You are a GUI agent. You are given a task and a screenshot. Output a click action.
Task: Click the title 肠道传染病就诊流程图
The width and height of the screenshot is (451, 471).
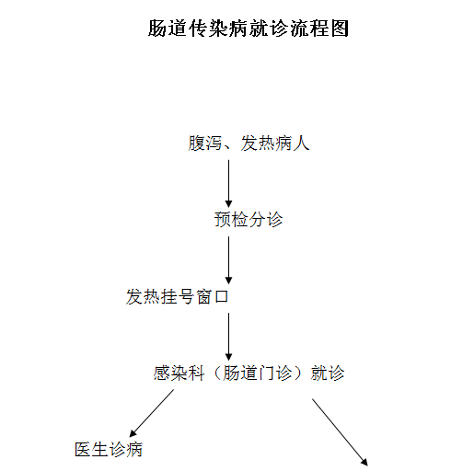249,29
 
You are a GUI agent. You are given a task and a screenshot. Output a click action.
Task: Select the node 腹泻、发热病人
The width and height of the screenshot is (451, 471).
249,144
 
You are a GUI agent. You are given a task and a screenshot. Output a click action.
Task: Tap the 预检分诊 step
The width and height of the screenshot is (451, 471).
249,220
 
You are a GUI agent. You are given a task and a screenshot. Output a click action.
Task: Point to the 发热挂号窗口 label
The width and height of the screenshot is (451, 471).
178,296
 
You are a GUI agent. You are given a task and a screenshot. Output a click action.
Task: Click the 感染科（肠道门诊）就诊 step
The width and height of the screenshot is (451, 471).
249,373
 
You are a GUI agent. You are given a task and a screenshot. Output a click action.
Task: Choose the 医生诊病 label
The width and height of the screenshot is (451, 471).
109,450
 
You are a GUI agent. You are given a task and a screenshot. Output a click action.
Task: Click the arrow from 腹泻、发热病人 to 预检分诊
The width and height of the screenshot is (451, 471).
228,184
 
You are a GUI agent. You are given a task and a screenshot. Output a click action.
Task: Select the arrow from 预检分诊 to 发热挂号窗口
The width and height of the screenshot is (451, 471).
228,260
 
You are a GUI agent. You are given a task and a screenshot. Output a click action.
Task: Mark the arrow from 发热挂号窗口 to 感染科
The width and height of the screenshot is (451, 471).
228,337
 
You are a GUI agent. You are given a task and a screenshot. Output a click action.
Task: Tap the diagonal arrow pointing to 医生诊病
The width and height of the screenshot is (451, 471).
152,413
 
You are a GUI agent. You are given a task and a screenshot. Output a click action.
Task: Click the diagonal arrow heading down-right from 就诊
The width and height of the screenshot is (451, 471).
340,432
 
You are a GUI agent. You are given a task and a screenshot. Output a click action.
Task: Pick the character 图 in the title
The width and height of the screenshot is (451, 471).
340,29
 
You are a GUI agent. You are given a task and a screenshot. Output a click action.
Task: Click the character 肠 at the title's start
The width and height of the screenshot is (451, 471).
157,29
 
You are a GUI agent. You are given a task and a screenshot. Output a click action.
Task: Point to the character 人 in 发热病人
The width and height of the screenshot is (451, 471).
301,144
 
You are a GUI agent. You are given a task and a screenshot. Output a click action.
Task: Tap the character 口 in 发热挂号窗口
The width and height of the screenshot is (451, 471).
221,297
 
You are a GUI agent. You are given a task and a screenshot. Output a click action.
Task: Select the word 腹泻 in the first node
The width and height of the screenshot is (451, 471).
205,144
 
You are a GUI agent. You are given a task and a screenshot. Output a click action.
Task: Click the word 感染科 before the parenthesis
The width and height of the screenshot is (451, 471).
179,373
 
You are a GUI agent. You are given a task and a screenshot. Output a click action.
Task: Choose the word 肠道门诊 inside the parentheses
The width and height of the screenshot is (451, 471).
257,373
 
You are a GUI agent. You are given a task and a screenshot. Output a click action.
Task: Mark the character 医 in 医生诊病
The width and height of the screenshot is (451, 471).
83,450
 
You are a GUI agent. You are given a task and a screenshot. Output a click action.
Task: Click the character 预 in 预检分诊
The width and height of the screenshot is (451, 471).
223,220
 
